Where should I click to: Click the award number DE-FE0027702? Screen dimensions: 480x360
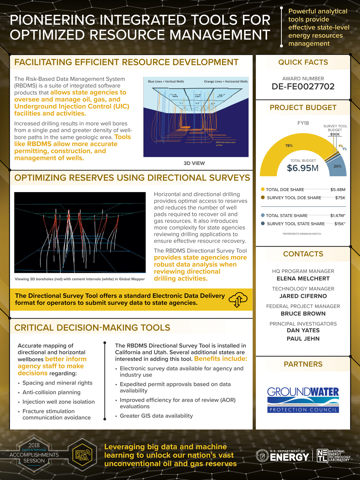pos(303,87)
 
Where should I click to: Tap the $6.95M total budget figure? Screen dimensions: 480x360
pos(303,168)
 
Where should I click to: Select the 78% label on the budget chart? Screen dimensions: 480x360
pos(289,146)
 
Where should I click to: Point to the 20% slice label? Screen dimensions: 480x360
pos(337,166)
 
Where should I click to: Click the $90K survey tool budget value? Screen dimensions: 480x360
pos(335,134)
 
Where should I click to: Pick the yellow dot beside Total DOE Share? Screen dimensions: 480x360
pos(263,189)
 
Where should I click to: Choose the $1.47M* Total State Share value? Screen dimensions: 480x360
pos(337,216)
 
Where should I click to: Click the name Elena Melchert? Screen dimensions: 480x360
pos(303,279)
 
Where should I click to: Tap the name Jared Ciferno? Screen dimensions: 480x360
pos(303,296)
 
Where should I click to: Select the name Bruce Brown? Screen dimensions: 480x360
pos(303,314)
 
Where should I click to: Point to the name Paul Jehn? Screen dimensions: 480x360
pos(303,339)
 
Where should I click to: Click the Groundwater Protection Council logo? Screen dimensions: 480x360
pos(303,400)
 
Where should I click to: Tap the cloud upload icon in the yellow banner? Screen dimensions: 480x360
pos(238,299)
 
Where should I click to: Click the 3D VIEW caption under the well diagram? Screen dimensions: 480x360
pos(194,163)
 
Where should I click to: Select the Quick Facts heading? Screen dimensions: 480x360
pos(303,62)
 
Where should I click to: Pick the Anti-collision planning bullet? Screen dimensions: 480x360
pos(51,392)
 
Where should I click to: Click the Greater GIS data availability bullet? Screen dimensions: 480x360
pos(156,416)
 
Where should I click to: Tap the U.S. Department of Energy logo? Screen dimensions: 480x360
pos(283,456)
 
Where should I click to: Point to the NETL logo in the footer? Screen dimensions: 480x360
pos(334,456)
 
